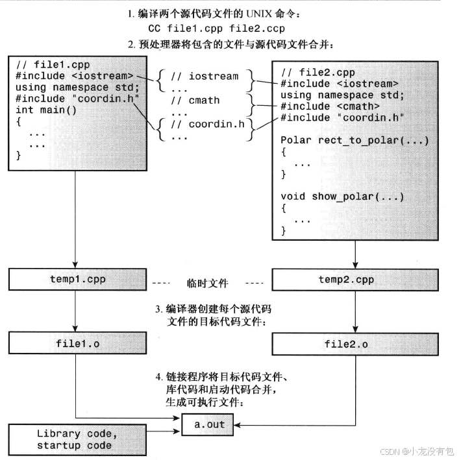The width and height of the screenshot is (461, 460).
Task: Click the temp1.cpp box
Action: point(76,280)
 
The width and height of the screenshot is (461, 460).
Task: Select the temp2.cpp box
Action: point(346,280)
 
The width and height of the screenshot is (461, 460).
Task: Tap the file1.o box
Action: point(76,343)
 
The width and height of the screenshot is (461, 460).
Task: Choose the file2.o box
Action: point(346,344)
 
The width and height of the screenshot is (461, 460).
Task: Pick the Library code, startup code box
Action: point(76,439)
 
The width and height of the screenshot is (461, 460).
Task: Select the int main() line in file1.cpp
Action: point(46,110)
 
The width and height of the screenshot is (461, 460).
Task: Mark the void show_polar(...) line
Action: point(342,196)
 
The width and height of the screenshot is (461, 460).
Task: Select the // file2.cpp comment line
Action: point(318,72)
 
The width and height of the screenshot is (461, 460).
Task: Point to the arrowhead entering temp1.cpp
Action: point(76,266)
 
